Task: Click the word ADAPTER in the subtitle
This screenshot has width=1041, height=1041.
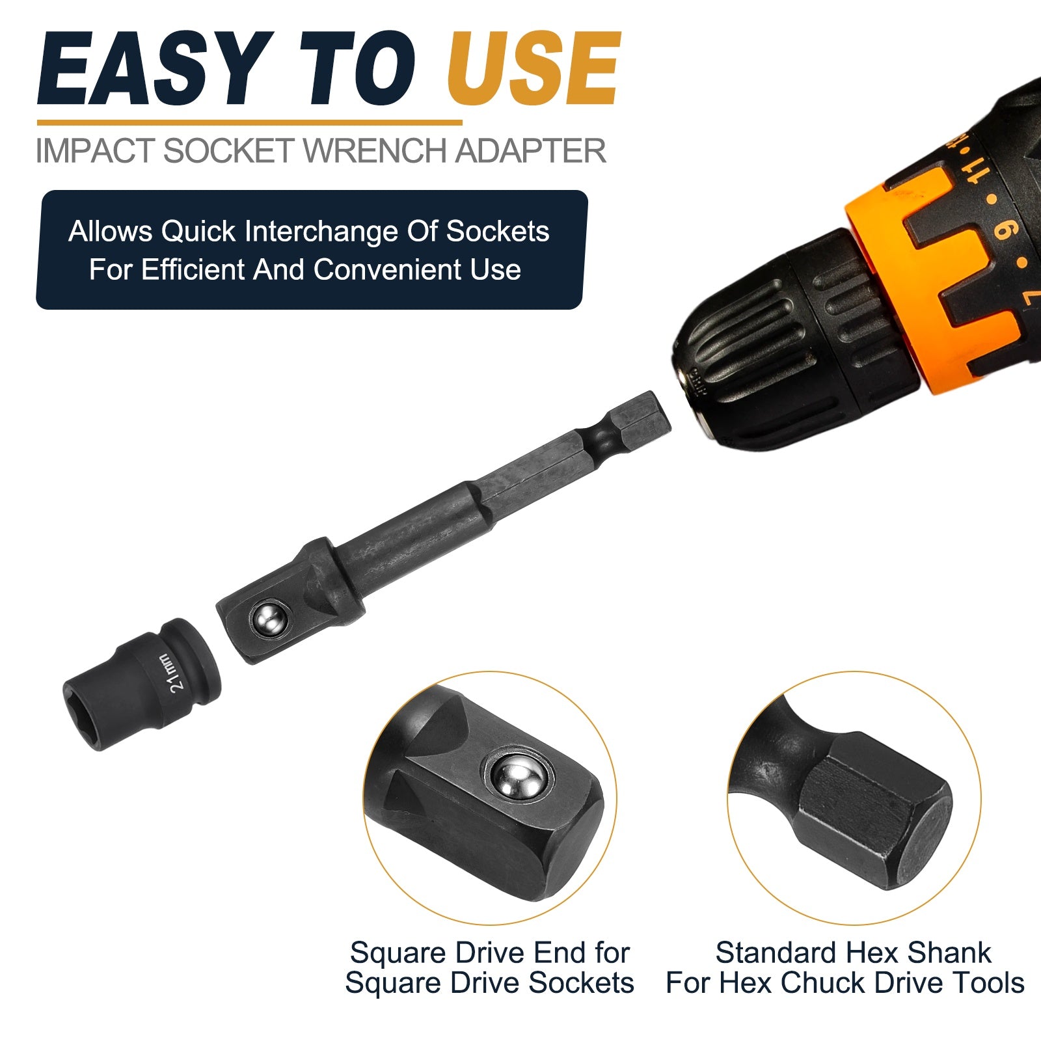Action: pyautogui.click(x=530, y=150)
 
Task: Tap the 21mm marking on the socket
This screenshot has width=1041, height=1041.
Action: pyautogui.click(x=176, y=673)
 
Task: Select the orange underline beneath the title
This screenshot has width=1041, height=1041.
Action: pyautogui.click(x=249, y=122)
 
